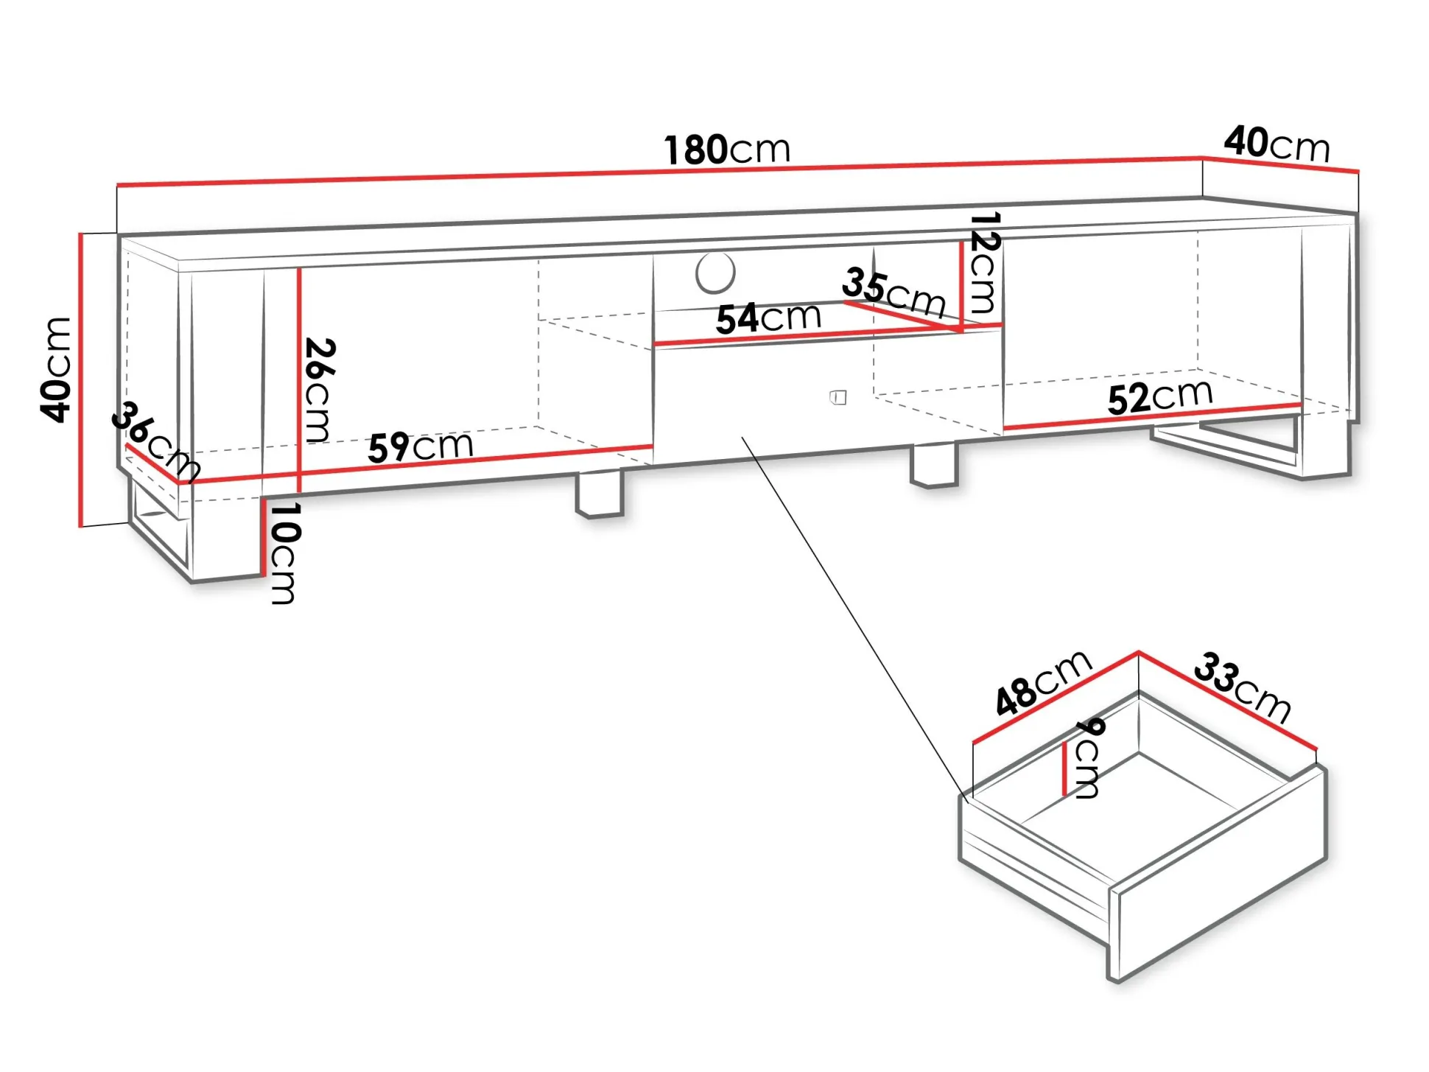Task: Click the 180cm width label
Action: pos(727,150)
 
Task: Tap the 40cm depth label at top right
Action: pos(1277,144)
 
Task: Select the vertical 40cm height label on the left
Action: pos(57,370)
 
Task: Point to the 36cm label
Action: pos(155,441)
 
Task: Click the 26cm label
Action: pos(319,390)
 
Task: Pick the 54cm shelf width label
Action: pos(768,318)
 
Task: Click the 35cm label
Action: pos(893,292)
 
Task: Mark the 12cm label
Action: pos(983,262)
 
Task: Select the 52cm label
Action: pos(1160,397)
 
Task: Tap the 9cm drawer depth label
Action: pos(1088,758)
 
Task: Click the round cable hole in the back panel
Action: pos(714,273)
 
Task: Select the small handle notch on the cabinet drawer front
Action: pos(838,398)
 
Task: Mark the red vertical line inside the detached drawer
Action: pos(1064,769)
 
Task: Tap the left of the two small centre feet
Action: pos(600,495)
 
